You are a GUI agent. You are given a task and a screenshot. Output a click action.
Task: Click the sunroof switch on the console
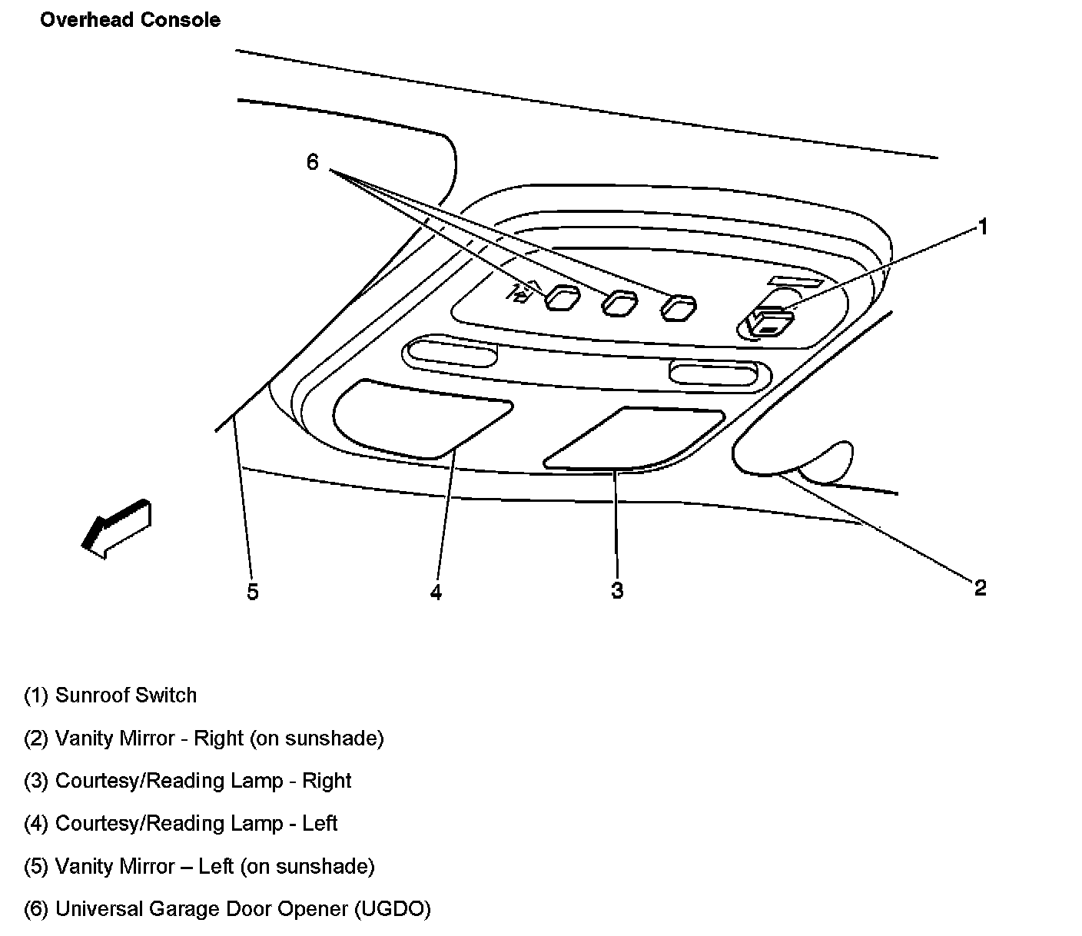point(769,321)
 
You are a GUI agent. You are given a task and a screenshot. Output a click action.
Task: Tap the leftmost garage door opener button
point(563,298)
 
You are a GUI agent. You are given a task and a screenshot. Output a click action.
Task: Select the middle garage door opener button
point(619,304)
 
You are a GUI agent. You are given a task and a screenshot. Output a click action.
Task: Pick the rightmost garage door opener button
point(679,307)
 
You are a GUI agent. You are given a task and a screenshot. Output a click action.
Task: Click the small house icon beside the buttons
point(522,293)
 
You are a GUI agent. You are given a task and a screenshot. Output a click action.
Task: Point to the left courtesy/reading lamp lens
point(419,418)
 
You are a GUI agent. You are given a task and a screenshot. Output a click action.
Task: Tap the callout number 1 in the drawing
point(981,227)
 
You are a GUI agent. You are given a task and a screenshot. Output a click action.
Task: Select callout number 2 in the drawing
point(980,588)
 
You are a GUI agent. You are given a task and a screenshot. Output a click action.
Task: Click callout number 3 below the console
point(617,590)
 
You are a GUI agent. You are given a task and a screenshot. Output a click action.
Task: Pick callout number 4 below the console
point(436,592)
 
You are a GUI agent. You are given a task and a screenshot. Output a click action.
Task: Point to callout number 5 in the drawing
point(253,592)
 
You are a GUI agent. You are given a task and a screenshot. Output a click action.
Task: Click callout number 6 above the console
point(312,162)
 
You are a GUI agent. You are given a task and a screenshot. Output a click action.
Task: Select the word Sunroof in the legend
point(89,695)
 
